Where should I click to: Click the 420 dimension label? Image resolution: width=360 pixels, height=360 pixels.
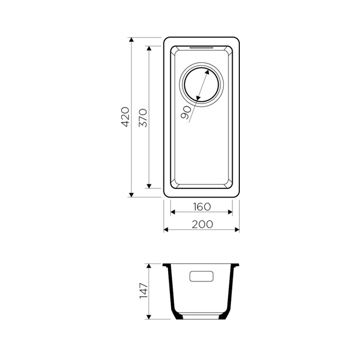point(126,117)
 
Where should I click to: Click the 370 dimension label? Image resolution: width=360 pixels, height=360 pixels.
point(143,118)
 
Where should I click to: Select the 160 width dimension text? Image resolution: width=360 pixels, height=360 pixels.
point(202,207)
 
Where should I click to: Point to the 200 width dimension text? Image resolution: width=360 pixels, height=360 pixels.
point(202,224)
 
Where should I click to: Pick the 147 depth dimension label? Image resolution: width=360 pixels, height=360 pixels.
point(144,291)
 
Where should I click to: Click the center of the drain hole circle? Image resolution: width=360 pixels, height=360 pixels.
point(201,85)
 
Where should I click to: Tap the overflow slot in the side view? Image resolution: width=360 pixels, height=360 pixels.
point(201,276)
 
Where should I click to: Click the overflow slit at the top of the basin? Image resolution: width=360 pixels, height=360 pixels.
point(202,48)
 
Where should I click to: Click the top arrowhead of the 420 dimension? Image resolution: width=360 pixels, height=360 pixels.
point(131,39)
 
